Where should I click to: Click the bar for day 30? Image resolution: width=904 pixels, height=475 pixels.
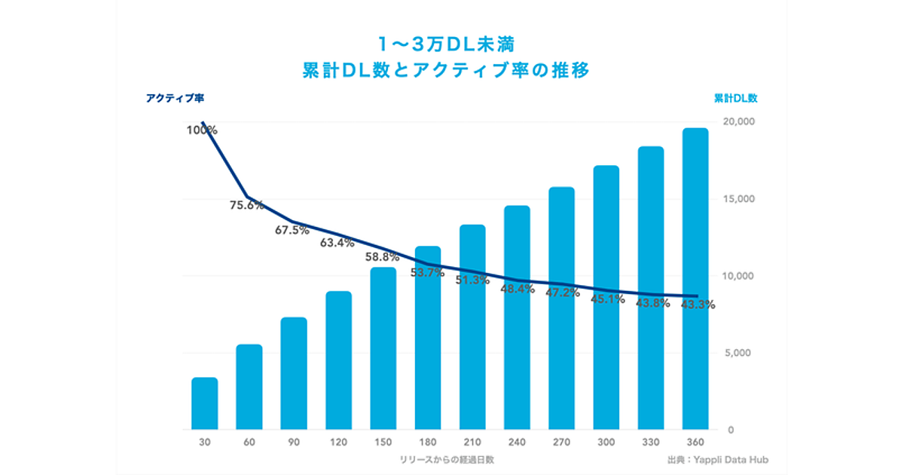coord(204,403)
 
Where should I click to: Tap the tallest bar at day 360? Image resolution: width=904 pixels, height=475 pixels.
coord(695,279)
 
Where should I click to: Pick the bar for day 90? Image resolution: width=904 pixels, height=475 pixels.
coord(294,373)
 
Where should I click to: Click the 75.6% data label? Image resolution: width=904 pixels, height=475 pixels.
coord(246,204)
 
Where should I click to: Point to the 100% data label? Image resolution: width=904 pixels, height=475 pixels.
coord(202,130)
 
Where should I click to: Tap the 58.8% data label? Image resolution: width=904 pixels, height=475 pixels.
coord(382,257)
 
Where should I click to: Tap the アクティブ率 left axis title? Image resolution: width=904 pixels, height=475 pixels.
coord(175,97)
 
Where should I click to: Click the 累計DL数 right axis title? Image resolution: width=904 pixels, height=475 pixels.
coord(735,98)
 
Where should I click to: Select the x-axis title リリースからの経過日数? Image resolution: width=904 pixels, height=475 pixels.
coord(447,458)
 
